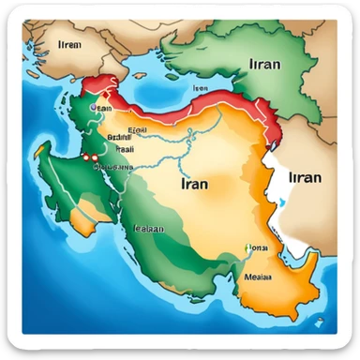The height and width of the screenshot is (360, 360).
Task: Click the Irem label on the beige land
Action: pyautogui.click(x=69, y=43)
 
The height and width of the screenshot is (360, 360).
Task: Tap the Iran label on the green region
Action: pyautogui.click(x=266, y=65)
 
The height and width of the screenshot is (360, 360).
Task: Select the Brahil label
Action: pyautogui.click(x=119, y=136)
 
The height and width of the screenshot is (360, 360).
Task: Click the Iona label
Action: pyautogui.click(x=260, y=247)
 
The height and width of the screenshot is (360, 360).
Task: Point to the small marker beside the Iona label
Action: pyautogui.click(x=247, y=248)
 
